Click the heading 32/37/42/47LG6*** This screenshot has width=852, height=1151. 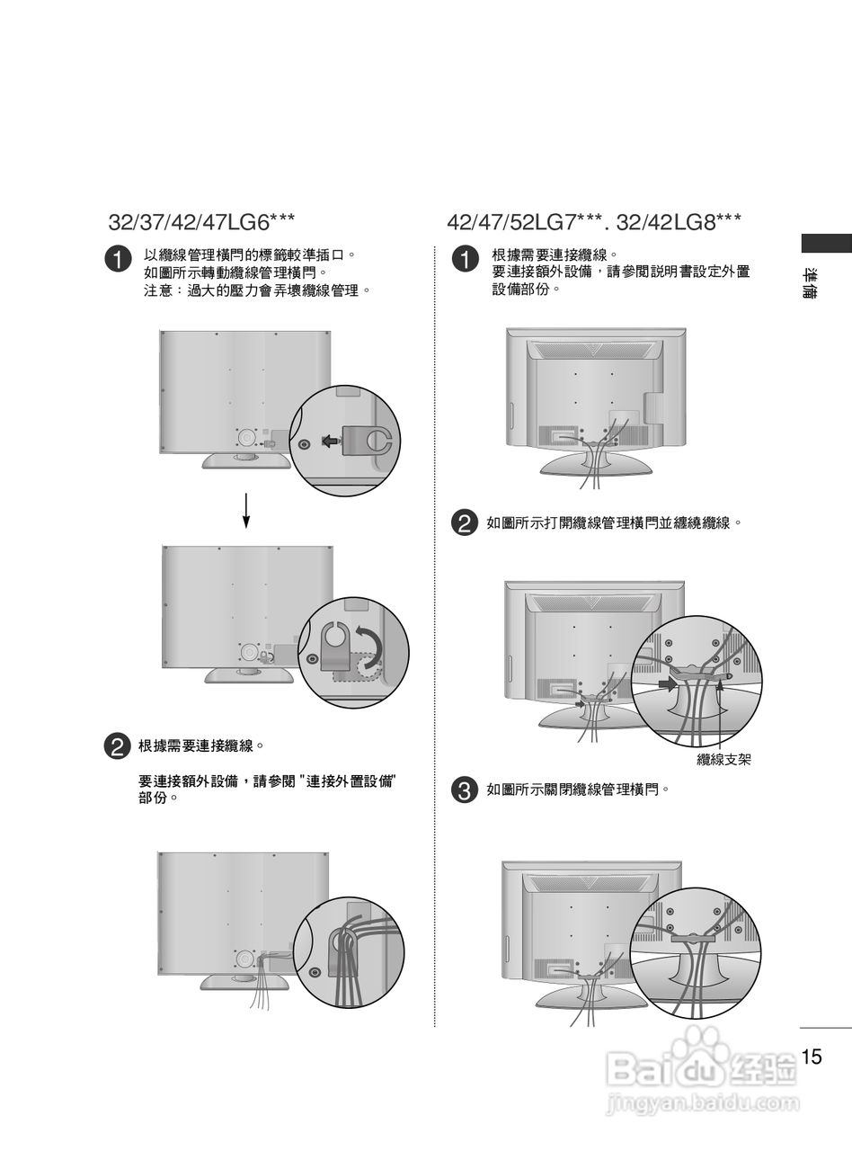coord(201,222)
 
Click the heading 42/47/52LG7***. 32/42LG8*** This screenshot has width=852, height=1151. coord(593,222)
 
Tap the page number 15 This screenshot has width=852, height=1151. coord(812,1057)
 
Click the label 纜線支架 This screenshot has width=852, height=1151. coord(723,760)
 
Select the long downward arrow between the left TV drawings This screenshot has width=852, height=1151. coord(246,510)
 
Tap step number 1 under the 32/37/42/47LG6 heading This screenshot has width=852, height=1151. coord(119,259)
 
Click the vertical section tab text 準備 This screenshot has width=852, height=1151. coord(811,283)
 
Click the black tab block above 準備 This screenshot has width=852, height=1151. coord(826,242)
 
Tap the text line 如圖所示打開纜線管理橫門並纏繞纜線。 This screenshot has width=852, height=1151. coord(614,522)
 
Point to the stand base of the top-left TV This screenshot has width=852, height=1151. coord(246,460)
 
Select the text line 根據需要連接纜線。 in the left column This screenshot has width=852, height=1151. coord(201,746)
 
